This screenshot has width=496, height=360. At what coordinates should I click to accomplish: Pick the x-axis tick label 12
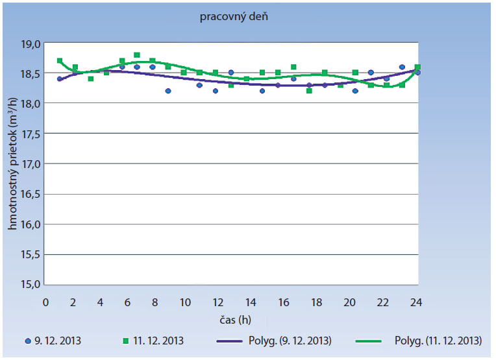pos(213,302)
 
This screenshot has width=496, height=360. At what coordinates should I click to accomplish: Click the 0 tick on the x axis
pos(45,302)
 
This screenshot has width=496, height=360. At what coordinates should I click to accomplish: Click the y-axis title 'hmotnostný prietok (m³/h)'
pos(13,163)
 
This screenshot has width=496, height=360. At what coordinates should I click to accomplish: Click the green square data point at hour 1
pos(60,60)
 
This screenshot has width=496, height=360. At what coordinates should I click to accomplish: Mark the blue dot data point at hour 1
pos(60,78)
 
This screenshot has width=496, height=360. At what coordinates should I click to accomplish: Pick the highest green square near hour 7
pos(137,55)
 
